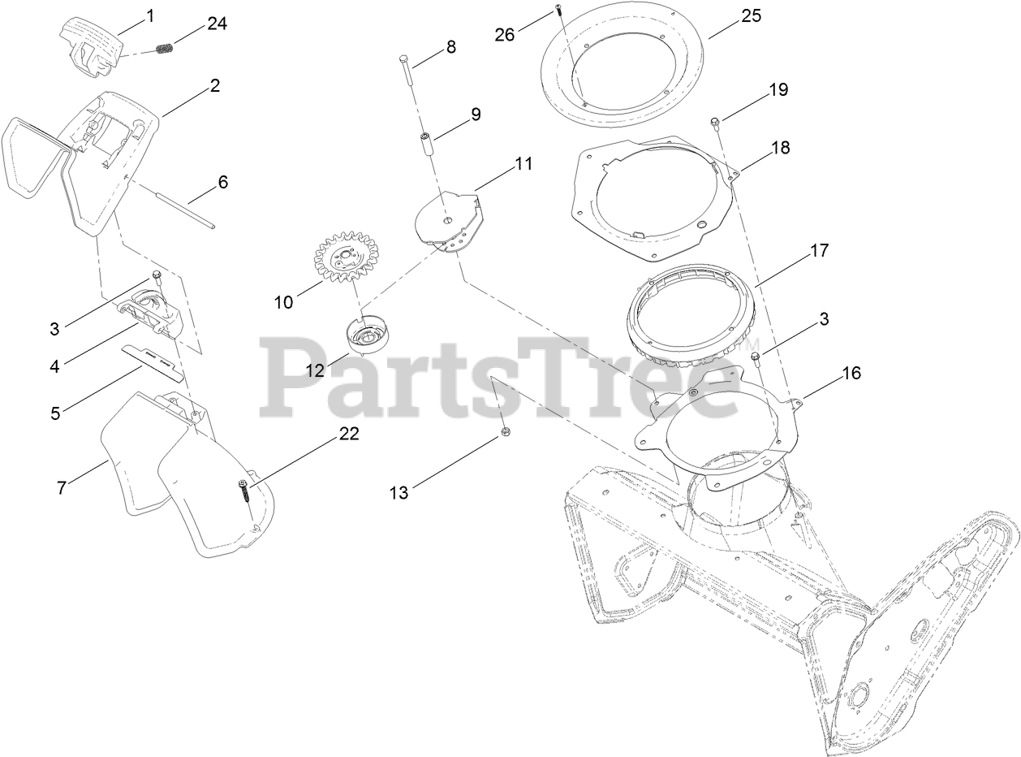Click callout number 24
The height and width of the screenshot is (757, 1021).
point(217,24)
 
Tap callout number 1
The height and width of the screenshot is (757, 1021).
point(149,15)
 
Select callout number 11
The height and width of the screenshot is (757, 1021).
point(523,163)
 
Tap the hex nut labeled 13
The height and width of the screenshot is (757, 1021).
point(505,432)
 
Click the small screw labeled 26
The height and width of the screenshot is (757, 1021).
point(559,9)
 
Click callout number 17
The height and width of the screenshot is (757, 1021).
point(819,250)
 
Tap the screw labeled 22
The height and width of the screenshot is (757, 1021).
point(243,487)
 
